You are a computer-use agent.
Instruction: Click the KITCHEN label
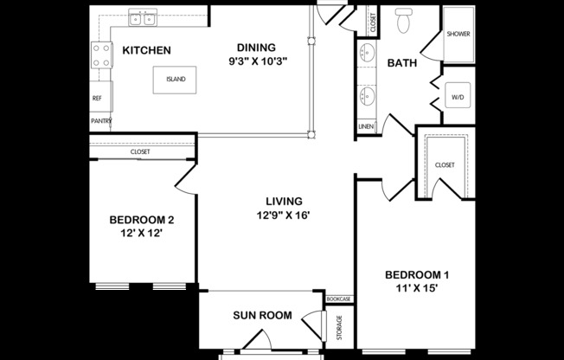point(145,51)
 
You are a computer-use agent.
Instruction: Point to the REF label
point(97,99)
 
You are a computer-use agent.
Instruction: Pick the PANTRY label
point(101,121)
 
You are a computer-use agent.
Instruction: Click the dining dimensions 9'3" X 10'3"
point(257,61)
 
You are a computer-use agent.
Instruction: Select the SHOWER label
point(458,34)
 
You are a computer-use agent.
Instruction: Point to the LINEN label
point(365,128)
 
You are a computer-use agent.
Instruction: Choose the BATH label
point(402,63)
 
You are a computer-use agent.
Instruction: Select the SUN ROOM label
point(262,315)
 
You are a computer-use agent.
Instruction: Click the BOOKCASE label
point(338,299)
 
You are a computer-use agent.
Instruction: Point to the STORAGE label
point(338,327)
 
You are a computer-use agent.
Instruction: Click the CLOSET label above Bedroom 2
point(140,152)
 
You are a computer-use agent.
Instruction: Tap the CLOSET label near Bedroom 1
point(445,164)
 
